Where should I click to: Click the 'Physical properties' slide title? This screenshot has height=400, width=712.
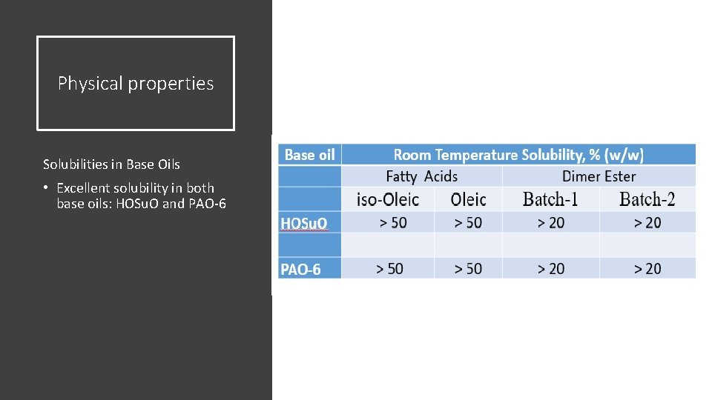coord(136,84)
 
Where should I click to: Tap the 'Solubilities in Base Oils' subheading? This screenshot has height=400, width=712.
coord(111,164)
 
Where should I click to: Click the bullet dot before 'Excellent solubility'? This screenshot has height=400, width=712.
coord(46,188)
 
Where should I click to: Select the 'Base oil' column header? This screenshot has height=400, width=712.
coord(309,155)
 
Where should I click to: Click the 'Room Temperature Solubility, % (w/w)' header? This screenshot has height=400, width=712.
coord(518,155)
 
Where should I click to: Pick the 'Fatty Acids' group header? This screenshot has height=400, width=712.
coord(421,176)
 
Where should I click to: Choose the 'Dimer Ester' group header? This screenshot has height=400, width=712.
coord(599,176)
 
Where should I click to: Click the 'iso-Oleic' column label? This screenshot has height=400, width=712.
coord(387,199)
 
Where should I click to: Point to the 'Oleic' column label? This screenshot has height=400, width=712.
coord(468,199)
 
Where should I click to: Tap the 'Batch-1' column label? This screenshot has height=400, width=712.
coord(550,199)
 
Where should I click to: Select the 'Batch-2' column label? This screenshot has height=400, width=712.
coord(647,199)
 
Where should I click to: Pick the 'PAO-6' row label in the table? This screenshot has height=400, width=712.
coord(300,269)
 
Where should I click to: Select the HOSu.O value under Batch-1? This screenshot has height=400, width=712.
coord(551,222)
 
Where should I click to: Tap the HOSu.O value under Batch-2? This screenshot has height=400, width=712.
coord(647,222)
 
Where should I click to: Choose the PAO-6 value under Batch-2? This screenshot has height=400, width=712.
coord(647,268)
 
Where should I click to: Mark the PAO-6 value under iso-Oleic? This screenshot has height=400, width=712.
coord(389,268)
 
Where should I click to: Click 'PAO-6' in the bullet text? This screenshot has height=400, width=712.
coord(208,203)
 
